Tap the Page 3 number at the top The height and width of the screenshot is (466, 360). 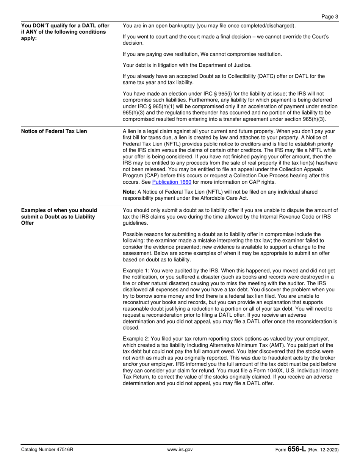click(x=330, y=16)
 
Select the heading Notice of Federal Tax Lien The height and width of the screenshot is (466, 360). click(x=54, y=131)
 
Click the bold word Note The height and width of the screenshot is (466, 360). click(x=129, y=192)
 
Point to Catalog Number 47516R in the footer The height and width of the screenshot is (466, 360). click(x=47, y=450)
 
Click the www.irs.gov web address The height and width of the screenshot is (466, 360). click(x=180, y=450)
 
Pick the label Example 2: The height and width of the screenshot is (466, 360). click(x=135, y=338)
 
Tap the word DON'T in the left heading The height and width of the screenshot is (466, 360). click(x=41, y=26)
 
